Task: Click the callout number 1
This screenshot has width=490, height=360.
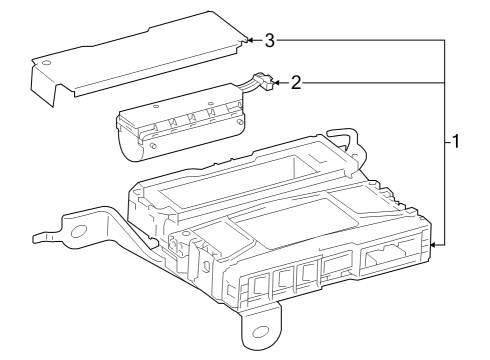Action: (455, 142)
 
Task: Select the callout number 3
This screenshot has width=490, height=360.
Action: (270, 41)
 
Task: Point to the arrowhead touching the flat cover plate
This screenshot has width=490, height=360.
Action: (249, 41)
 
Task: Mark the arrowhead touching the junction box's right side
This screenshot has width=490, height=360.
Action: (433, 243)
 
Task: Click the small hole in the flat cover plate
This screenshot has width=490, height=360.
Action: (43, 63)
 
